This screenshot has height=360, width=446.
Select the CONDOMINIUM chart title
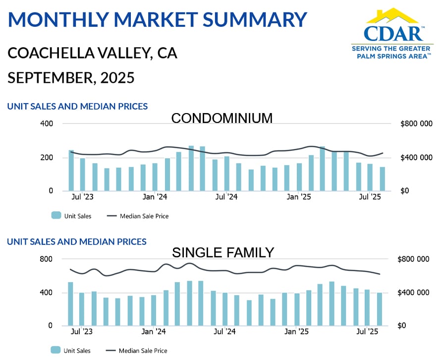(222, 119)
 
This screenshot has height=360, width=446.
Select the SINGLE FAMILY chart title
(223, 253)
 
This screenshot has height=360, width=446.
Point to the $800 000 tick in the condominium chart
(416, 123)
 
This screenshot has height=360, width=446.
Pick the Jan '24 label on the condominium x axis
(155, 197)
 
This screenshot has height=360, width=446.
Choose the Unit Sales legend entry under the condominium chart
(71, 216)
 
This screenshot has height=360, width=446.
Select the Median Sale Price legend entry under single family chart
(136, 351)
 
